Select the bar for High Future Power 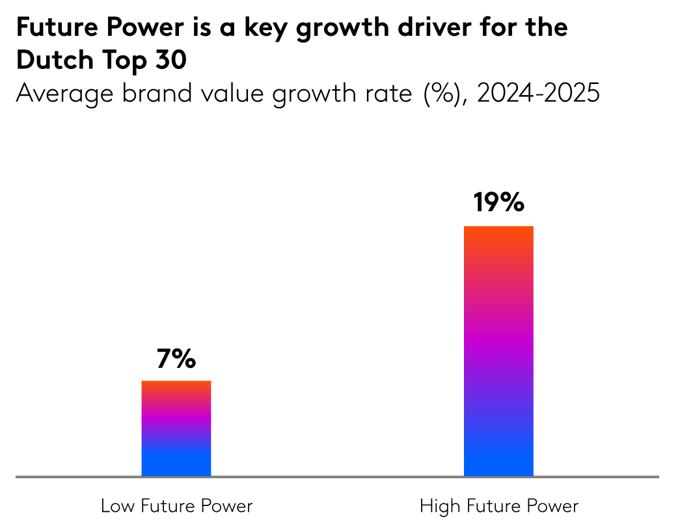click(498, 351)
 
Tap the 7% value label click(176, 360)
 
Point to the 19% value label click(498, 203)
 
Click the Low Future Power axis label click(176, 506)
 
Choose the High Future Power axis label click(499, 506)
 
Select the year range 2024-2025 click(537, 94)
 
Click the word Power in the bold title click(154, 27)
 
